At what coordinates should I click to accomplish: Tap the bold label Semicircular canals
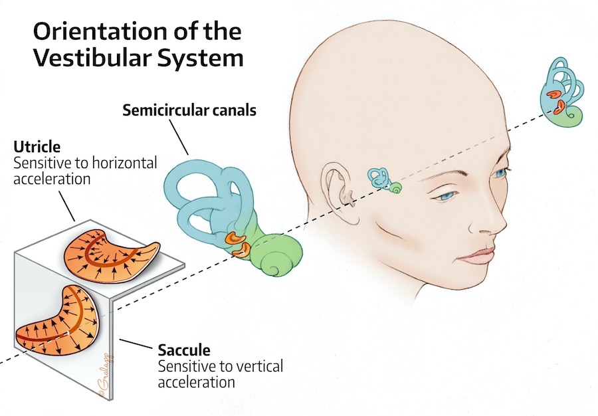[x=189, y=111]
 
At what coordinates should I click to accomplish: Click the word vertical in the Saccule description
[x=258, y=366]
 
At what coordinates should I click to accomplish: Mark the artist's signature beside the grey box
[x=106, y=379]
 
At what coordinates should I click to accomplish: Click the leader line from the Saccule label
[x=138, y=345]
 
